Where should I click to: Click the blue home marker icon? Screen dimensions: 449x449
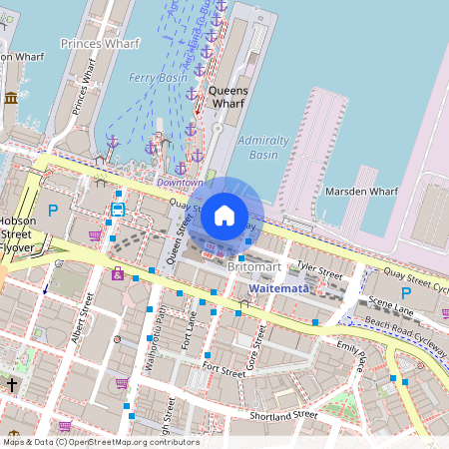(x=224, y=215)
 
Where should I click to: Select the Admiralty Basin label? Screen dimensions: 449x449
(x=263, y=148)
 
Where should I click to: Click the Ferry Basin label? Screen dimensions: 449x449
(x=158, y=77)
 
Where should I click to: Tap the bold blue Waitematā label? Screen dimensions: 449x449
(x=279, y=287)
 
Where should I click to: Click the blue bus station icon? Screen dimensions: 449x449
(x=118, y=210)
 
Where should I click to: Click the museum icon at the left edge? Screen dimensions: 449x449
(x=11, y=98)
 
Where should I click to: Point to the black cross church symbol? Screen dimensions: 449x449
(x=12, y=384)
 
